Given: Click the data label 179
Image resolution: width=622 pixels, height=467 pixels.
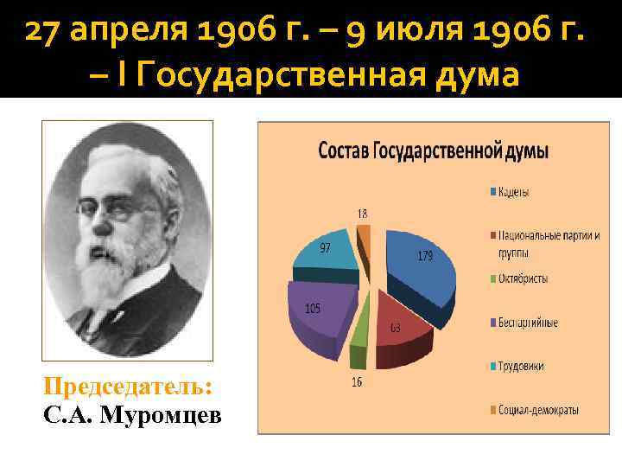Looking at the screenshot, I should point(425,255).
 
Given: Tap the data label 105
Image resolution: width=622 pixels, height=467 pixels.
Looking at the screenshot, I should point(312,309).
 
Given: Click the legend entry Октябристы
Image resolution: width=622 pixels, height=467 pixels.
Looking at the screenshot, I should point(522,278).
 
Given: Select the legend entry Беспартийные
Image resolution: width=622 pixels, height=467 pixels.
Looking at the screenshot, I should point(527,323).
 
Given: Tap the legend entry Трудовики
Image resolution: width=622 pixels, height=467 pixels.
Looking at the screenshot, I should point(520,366).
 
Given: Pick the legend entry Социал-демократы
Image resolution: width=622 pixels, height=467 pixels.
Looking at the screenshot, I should point(537,409).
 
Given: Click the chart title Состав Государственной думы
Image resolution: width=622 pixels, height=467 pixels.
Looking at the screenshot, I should point(433,150).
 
